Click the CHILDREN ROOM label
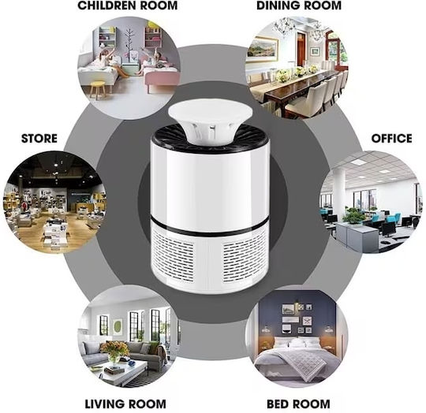pyautogui.click(x=128, y=6)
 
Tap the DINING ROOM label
pyautogui.click(x=299, y=6)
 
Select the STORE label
pyautogui.click(x=39, y=139)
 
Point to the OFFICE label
pyautogui.click(x=391, y=139)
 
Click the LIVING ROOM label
pyautogui.click(x=125, y=404)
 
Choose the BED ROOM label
pyautogui.click(x=298, y=404)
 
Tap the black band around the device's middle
pyautogui.click(x=210, y=226)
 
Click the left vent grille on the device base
pyautogui.click(x=174, y=256)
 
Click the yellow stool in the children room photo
pyautogui.click(x=97, y=90)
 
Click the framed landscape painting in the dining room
pyautogui.click(x=263, y=50)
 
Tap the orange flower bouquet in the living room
pyautogui.click(x=114, y=350)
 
